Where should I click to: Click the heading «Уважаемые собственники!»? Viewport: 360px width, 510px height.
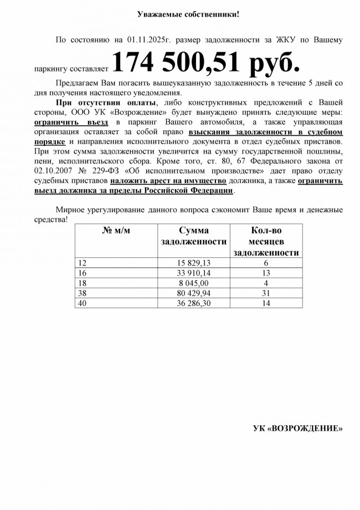pyautogui.click(x=189, y=13)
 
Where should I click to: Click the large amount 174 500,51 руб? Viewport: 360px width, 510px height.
pyautogui.click(x=206, y=63)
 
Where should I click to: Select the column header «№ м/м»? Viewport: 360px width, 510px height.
pyautogui.click(x=116, y=230)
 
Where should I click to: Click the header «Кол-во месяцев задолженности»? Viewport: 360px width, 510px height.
pyautogui.click(x=267, y=241)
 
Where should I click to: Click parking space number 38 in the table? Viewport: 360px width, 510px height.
pyautogui.click(x=84, y=293)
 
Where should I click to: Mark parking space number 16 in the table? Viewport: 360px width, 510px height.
pyautogui.click(x=84, y=273)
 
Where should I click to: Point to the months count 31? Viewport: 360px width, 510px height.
pyautogui.click(x=267, y=293)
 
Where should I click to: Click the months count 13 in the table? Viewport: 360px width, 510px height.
pyautogui.click(x=267, y=273)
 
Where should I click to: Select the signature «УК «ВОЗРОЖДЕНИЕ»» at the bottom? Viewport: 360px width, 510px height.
pyautogui.click(x=298, y=429)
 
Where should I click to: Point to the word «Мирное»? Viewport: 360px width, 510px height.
pyautogui.click(x=71, y=210)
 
